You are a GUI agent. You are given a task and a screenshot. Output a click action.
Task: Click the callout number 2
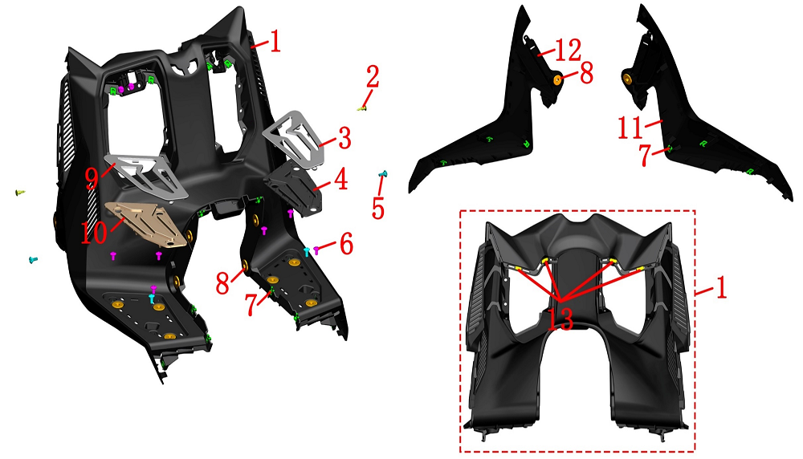(x=373, y=77)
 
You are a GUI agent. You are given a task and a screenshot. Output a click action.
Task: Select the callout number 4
(x=340, y=179)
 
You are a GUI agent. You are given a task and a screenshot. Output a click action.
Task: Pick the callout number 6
(x=347, y=245)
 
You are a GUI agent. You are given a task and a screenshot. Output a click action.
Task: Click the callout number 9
(x=92, y=177)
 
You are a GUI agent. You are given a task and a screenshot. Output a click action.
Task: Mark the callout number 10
(x=94, y=233)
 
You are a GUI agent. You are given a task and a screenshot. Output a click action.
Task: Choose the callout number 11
(x=630, y=128)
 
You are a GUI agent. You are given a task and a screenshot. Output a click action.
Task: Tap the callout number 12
(x=568, y=50)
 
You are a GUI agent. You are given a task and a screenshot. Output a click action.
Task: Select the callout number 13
(x=560, y=319)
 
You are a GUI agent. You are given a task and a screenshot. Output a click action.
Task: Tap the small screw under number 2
(x=362, y=108)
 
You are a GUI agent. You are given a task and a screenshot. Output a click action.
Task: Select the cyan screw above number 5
(x=382, y=174)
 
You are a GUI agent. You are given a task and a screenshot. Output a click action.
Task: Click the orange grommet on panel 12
(x=556, y=79)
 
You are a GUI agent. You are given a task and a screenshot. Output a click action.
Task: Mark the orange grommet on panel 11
(x=627, y=78)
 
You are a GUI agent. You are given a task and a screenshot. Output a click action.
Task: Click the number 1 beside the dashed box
(x=720, y=288)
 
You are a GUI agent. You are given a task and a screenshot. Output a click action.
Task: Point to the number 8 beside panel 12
(x=586, y=73)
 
